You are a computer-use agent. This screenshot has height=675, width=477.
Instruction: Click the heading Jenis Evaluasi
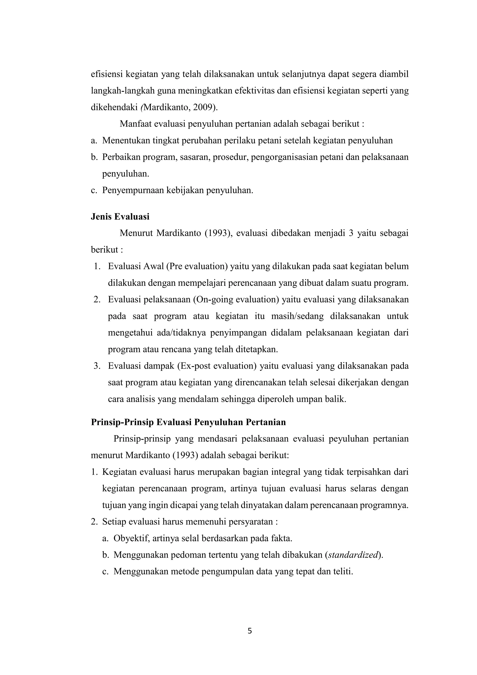coord(120,217)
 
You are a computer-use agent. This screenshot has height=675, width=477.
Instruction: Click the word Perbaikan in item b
coord(121,157)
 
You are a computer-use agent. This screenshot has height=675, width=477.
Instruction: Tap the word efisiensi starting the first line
coord(107,74)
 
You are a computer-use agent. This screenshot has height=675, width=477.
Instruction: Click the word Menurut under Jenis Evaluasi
coord(136,233)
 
